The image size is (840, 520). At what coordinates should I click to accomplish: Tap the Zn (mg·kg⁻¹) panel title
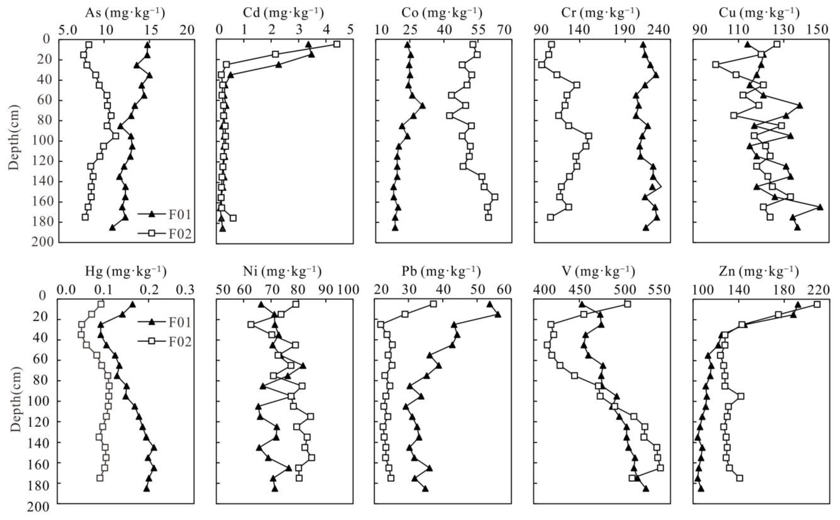(759, 272)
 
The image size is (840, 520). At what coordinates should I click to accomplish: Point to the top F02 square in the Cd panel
(337, 44)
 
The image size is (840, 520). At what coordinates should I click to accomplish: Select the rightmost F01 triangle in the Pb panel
(497, 315)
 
